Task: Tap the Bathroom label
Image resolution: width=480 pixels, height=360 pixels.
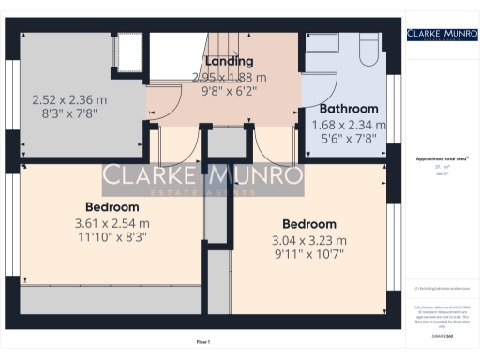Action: (348, 109)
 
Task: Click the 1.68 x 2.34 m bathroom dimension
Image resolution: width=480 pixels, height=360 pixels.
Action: (348, 125)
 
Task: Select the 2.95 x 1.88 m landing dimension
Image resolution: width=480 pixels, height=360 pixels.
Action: (230, 77)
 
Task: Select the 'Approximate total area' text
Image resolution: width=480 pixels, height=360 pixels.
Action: (435, 160)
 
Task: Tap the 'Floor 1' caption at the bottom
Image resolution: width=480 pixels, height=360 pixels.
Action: (203, 342)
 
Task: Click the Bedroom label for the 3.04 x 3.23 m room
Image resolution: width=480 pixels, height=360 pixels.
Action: (309, 224)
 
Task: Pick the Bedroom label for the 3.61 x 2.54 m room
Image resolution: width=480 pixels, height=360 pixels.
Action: (112, 206)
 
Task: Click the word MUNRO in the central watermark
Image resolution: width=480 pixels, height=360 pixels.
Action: (257, 175)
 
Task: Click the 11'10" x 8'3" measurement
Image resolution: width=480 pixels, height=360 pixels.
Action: (112, 239)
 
